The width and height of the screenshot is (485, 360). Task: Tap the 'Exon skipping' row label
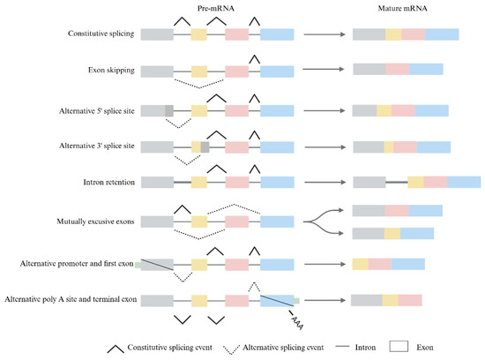pos(114,69)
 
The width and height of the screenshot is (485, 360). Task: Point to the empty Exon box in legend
pos(399,346)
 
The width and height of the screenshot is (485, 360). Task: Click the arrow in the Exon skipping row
pos(323,69)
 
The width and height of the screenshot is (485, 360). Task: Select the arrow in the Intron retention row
pos(323,182)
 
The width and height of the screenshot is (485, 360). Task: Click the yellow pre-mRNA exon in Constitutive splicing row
pos(199,34)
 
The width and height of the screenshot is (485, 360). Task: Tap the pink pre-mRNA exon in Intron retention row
pos(237,182)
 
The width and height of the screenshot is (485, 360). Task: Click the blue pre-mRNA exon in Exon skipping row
pos(277,69)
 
